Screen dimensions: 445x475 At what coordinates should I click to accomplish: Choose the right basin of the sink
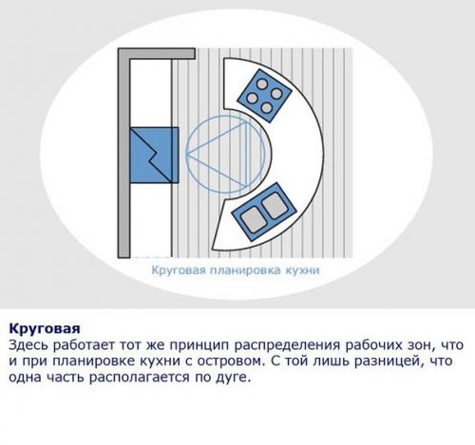pyautogui.click(x=274, y=202)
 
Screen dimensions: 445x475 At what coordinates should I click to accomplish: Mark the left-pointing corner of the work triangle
pyautogui.click(x=187, y=154)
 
